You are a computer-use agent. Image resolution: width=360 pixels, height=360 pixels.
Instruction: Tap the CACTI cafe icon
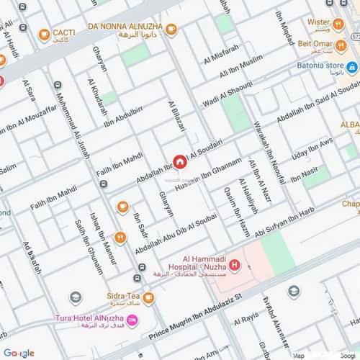44,32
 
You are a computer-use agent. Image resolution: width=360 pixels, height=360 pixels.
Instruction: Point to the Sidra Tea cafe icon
148,297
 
